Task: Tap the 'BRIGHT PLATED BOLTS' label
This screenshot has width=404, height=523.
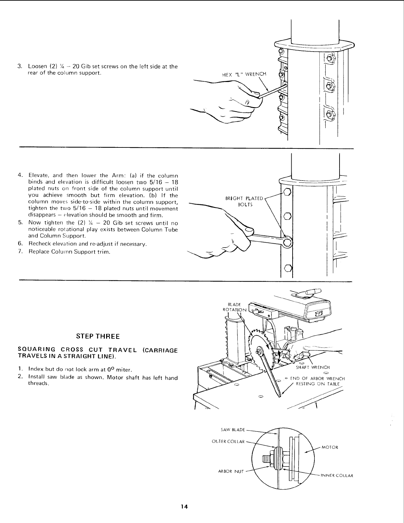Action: (244, 201)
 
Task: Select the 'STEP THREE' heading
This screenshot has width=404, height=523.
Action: (98, 337)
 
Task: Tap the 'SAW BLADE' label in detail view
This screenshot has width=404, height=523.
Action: (233, 430)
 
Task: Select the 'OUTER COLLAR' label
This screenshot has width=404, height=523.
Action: (228, 441)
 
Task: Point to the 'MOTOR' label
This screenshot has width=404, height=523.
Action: (330, 448)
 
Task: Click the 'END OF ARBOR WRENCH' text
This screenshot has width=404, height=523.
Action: (317, 379)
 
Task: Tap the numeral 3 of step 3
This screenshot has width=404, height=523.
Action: (19, 66)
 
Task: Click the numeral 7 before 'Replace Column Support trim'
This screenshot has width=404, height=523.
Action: (20, 252)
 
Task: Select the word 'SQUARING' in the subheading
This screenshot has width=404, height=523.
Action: (32, 350)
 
